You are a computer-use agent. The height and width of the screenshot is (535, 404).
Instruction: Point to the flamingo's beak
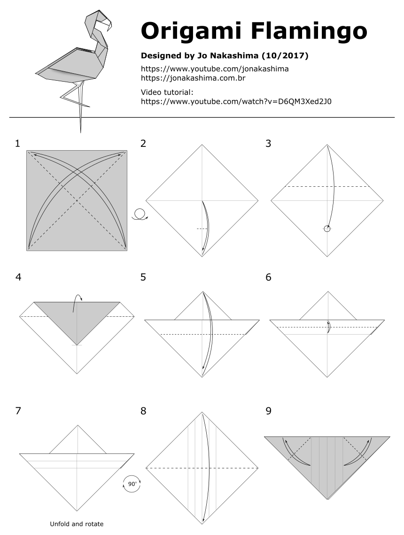[110, 26]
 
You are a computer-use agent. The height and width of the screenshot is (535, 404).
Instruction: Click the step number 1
[18, 144]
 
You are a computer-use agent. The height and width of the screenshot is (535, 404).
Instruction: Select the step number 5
[143, 277]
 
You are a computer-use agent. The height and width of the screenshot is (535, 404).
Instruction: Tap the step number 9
[268, 411]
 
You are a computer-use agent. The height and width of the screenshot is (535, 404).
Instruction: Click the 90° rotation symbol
[132, 484]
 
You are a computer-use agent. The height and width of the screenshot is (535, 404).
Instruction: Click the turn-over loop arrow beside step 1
[139, 214]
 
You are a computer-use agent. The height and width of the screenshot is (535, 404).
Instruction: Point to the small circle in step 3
[327, 229]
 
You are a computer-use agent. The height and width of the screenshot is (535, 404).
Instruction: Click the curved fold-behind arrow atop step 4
[77, 302]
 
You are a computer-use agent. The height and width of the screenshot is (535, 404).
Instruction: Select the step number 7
[18, 411]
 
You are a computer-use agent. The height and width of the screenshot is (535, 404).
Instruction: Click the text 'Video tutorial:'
[167, 92]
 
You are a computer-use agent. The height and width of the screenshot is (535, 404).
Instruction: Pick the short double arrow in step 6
[328, 326]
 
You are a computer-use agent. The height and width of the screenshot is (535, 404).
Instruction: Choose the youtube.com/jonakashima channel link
[215, 69]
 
